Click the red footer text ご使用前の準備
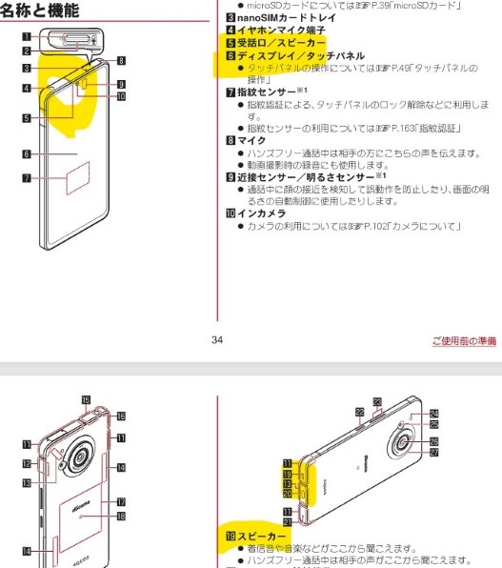[463, 340]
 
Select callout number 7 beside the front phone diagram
[27, 177]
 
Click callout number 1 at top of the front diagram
[27, 36]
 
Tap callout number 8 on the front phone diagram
[121, 60]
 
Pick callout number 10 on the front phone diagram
[121, 97]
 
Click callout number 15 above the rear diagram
[85, 400]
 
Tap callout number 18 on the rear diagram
[121, 516]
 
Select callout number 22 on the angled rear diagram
[359, 411]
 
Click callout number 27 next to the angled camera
[433, 453]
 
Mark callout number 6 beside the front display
[27, 152]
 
